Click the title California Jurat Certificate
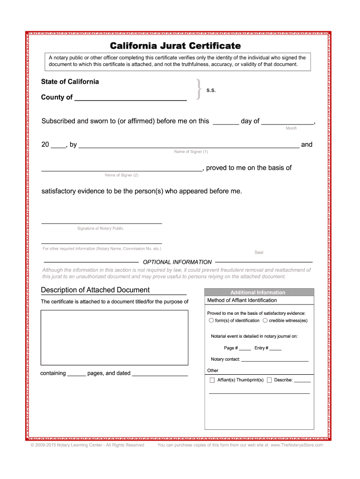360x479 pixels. pyautogui.click(x=175, y=46)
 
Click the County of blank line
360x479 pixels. pyautogui.click(x=130, y=98)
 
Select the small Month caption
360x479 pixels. pyautogui.click(x=291, y=128)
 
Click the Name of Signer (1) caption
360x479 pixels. pyautogui.click(x=191, y=152)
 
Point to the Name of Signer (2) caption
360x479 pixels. pyautogui.click(x=122, y=175)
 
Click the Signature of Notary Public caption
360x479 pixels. pyautogui.click(x=100, y=228)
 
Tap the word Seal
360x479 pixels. pyautogui.click(x=259, y=253)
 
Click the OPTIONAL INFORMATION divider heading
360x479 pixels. pyautogui.click(x=177, y=262)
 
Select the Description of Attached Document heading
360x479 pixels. pyautogui.click(x=95, y=290)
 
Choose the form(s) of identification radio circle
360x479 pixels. pyautogui.click(x=211, y=320)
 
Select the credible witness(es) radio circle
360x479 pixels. pyautogui.click(x=265, y=320)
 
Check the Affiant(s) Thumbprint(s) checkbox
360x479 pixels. pyautogui.click(x=212, y=380)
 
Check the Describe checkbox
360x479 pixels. pyautogui.click(x=269, y=380)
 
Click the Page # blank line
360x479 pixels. pyautogui.click(x=245, y=349)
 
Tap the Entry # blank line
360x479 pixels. pyautogui.click(x=275, y=349)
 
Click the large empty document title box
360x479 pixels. pyautogui.click(x=114, y=339)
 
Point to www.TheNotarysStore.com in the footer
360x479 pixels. pyautogui.click(x=296, y=445)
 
